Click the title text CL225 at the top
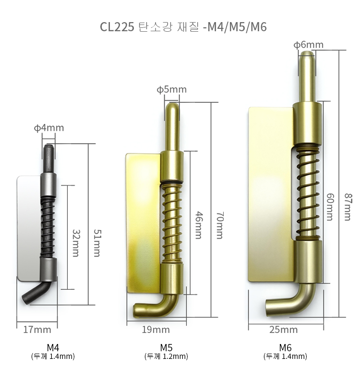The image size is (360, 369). (x=117, y=27)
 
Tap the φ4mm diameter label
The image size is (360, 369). (x=49, y=128)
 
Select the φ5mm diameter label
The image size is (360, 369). (x=172, y=89)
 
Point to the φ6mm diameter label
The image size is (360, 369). (x=309, y=45)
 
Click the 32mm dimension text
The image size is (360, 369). (x=76, y=243)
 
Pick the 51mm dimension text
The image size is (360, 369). (x=97, y=243)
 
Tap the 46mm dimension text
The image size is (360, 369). (x=199, y=225)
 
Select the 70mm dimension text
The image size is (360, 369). (x=220, y=225)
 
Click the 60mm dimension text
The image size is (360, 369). (x=330, y=207)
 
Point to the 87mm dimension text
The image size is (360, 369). (x=348, y=207)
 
